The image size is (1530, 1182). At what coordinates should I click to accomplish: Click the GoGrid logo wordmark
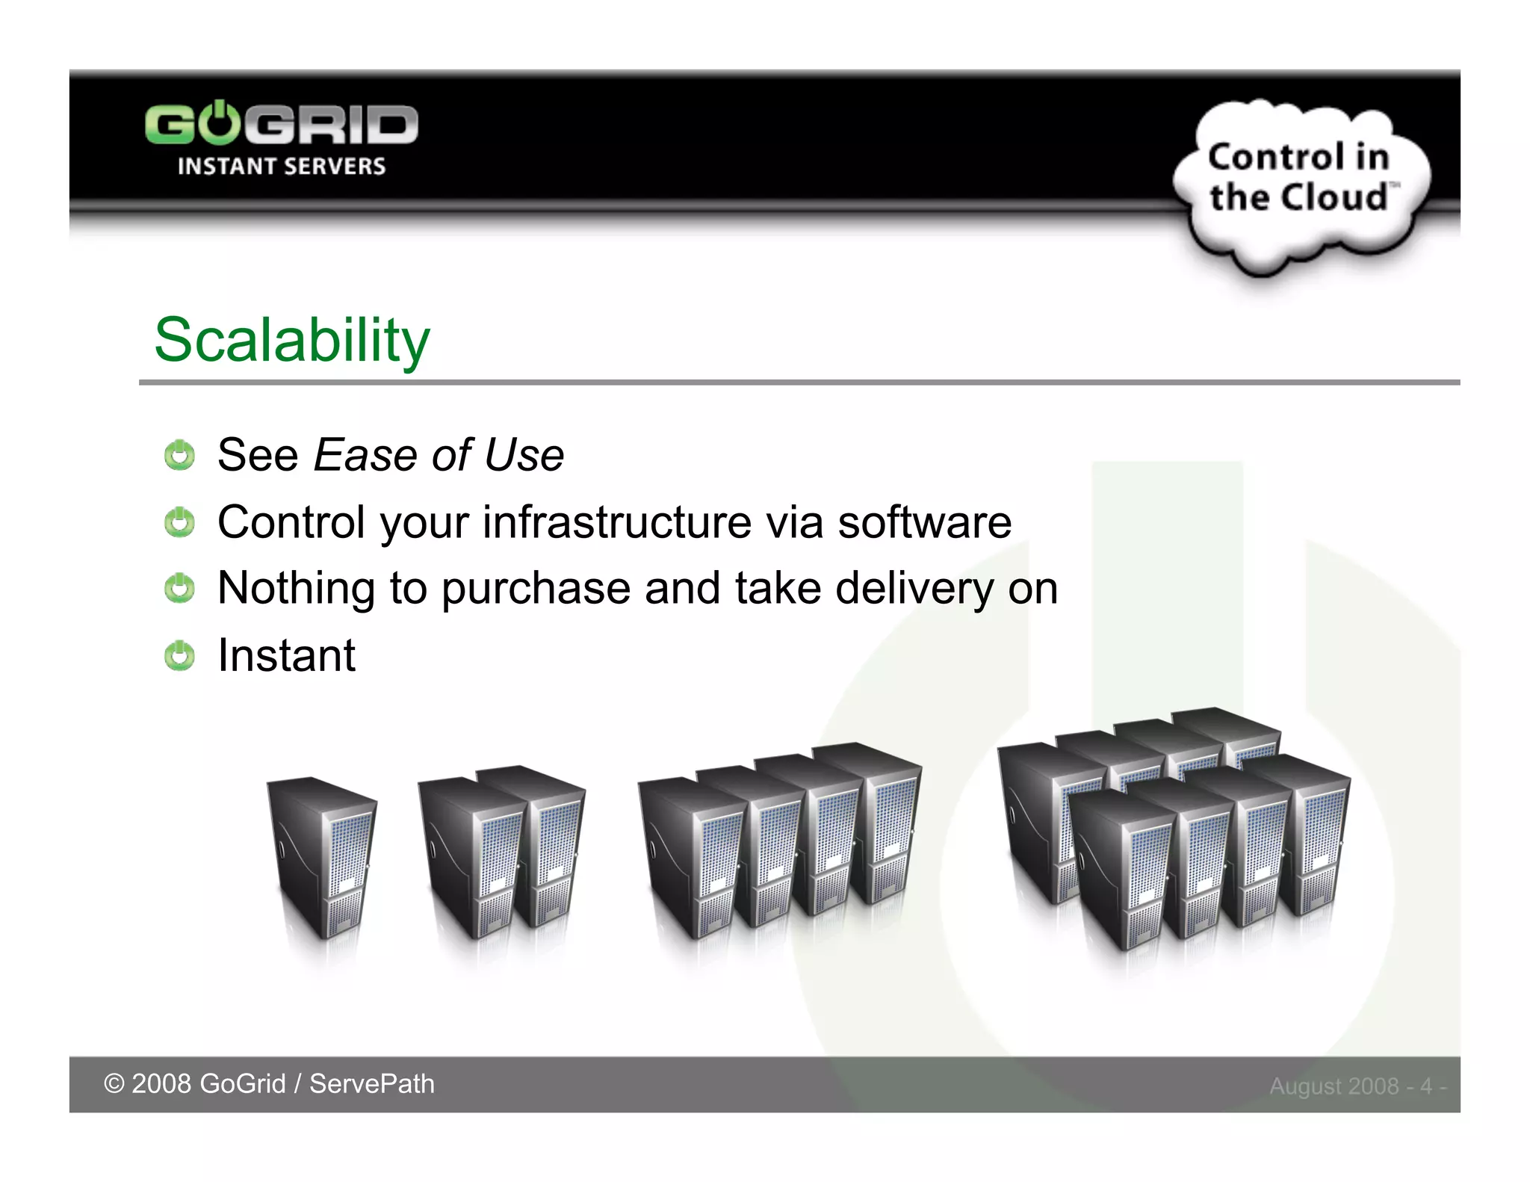tap(281, 124)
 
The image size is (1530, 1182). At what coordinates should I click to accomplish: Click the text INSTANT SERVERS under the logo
tap(281, 166)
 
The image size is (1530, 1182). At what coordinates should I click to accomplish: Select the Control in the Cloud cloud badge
tap(1300, 183)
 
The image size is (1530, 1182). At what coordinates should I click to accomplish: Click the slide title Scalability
tap(292, 340)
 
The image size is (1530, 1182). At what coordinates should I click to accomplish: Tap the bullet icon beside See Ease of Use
tap(179, 455)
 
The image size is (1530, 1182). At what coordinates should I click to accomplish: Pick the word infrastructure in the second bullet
tap(616, 522)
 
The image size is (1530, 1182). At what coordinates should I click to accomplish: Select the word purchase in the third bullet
tap(536, 588)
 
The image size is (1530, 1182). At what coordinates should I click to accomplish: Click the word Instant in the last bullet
tap(286, 655)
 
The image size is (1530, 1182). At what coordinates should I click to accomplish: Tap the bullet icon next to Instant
tap(179, 655)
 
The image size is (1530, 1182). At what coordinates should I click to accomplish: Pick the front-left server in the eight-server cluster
tap(1121, 867)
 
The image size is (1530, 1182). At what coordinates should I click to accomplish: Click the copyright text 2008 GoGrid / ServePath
tap(269, 1083)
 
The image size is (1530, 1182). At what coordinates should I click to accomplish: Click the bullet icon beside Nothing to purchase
tap(179, 589)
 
